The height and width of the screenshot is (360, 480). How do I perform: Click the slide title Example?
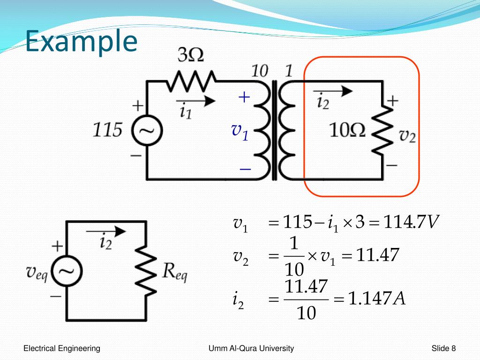[81, 42]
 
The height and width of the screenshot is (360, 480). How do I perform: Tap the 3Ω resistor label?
[190, 56]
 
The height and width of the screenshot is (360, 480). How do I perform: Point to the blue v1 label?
[240, 131]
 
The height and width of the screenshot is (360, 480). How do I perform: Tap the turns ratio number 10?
[259, 71]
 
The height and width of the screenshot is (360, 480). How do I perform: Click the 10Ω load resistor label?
[347, 131]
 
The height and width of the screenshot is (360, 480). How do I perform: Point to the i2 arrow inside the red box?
[332, 91]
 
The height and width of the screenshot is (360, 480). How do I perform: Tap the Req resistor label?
[175, 271]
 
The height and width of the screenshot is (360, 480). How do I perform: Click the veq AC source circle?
[67, 271]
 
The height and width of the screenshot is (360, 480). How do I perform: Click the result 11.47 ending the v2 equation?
[377, 255]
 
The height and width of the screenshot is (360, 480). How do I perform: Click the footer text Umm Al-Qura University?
[252, 348]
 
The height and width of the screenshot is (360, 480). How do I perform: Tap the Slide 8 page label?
[443, 348]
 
